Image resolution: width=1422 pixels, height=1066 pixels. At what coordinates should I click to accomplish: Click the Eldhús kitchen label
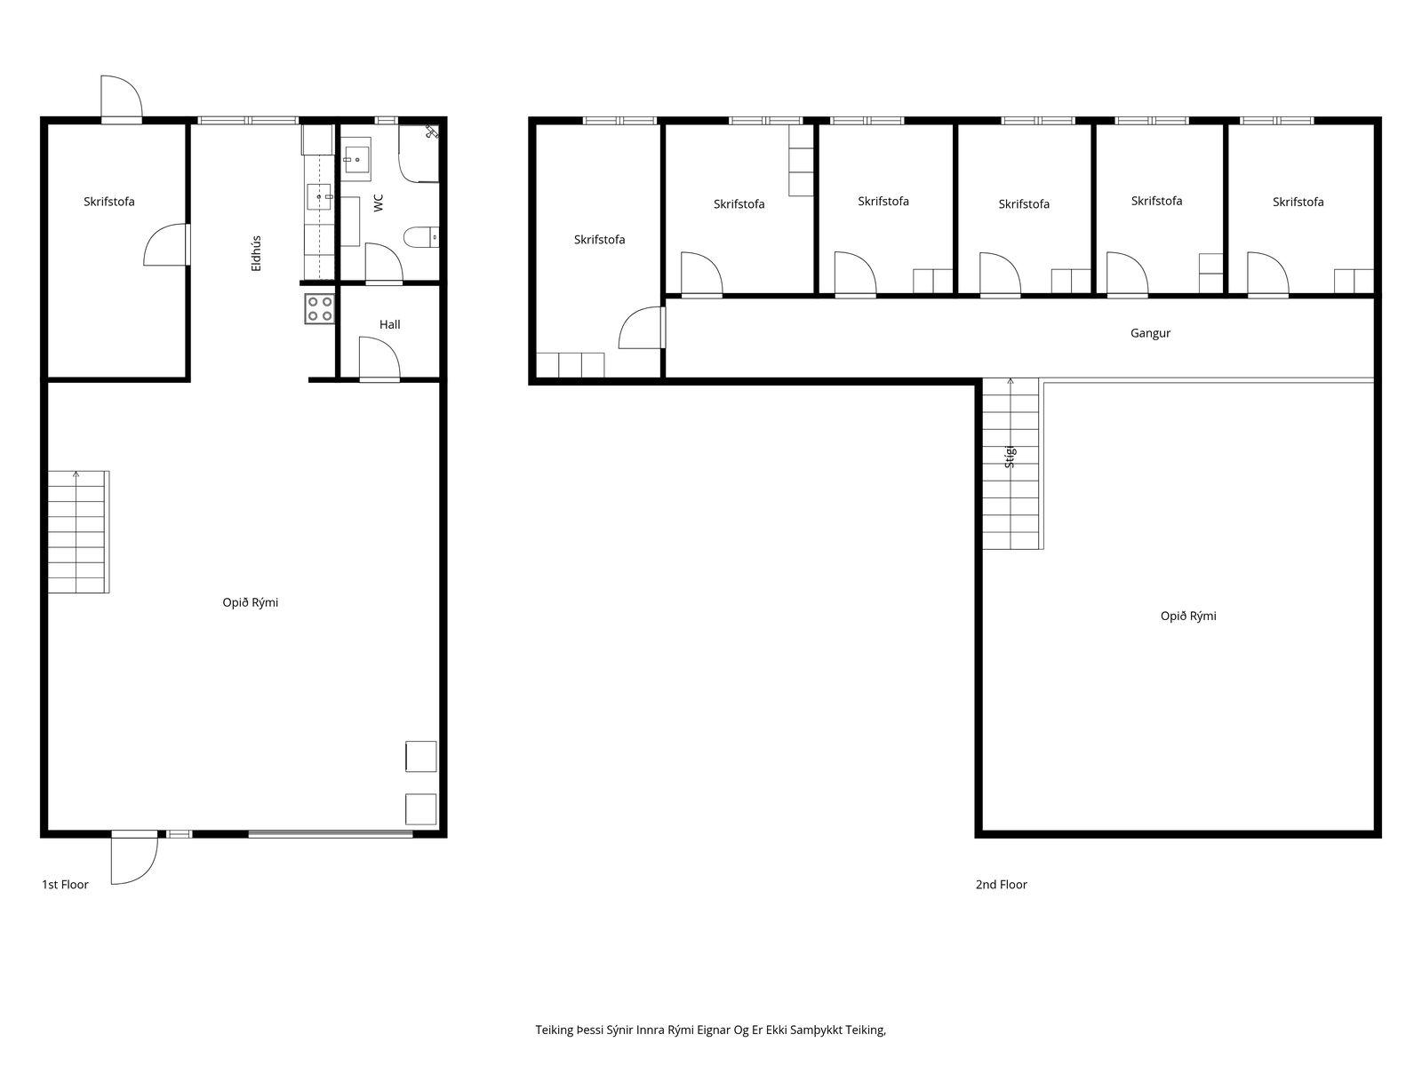(x=256, y=253)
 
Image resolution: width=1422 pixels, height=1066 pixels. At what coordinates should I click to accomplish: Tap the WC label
(x=379, y=203)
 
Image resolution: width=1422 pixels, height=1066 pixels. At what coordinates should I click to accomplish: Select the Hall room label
(x=389, y=324)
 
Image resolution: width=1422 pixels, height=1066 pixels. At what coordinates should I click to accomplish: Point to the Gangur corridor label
(x=1150, y=333)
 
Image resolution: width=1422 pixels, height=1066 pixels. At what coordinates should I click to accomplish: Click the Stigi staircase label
(x=1010, y=457)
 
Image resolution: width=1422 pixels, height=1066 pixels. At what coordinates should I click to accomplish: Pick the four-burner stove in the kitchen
(x=319, y=309)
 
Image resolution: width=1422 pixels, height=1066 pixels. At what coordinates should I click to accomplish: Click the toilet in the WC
(x=421, y=237)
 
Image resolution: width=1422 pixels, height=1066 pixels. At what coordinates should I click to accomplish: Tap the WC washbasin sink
(x=355, y=157)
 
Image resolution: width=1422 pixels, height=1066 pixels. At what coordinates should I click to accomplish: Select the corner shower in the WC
(x=419, y=153)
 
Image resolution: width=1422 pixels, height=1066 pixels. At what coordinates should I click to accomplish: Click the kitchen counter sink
(x=319, y=196)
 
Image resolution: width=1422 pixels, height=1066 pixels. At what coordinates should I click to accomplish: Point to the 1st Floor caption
(x=65, y=884)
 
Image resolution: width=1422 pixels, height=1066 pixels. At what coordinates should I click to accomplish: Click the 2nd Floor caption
(x=1001, y=884)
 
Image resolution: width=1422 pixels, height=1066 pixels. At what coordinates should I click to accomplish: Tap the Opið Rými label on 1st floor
(x=250, y=602)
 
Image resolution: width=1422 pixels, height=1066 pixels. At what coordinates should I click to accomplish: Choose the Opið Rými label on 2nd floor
(x=1188, y=617)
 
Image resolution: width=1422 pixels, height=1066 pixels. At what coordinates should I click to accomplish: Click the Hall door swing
(x=379, y=357)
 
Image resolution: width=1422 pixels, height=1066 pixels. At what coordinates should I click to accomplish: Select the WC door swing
(x=384, y=263)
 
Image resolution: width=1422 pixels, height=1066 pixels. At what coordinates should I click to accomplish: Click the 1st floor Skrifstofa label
(x=108, y=202)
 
